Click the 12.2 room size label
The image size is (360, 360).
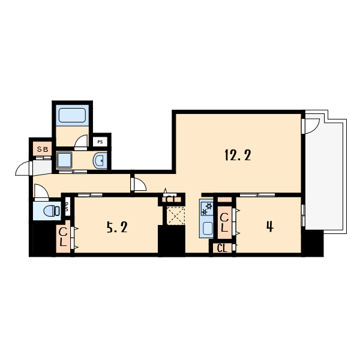(238, 155)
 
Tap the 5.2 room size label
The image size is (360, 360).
(117, 227)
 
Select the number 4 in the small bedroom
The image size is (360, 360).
(270, 227)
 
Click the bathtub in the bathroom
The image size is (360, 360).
(73, 115)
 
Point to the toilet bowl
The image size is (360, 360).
(52, 211)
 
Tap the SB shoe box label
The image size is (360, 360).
(43, 149)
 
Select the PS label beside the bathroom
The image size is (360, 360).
(100, 142)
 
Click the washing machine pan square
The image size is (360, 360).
(65, 160)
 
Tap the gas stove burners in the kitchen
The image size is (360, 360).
(206, 208)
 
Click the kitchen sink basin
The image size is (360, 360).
(208, 228)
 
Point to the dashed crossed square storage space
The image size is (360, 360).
(176, 215)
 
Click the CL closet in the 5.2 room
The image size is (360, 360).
(64, 237)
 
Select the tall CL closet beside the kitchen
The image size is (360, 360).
(224, 222)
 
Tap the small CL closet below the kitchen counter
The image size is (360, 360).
(222, 248)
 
